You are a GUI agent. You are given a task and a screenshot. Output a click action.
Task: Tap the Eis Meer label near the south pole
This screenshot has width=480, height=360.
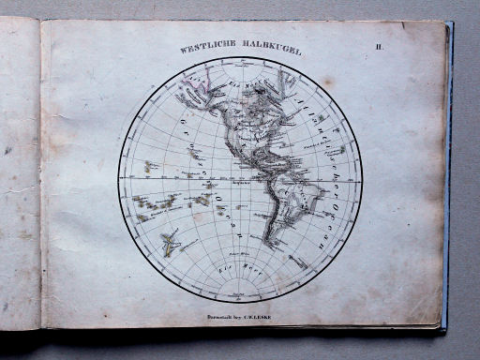(x=242, y=271)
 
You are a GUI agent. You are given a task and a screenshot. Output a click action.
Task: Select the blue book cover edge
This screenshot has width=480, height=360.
(x=447, y=178)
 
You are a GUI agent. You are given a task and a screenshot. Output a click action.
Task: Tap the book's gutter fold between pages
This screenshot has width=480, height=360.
(x=40, y=178)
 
